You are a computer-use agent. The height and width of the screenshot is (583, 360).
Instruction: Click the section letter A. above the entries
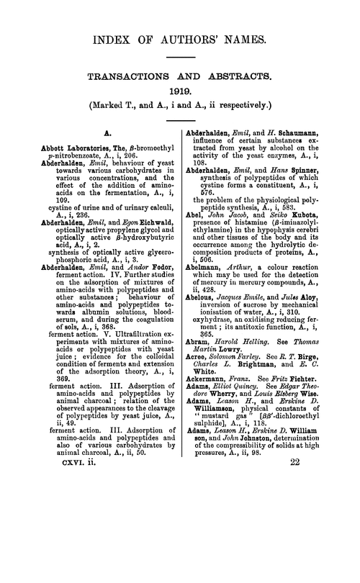coord(106,133)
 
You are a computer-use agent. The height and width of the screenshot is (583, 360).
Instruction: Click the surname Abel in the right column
coord(197,243)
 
